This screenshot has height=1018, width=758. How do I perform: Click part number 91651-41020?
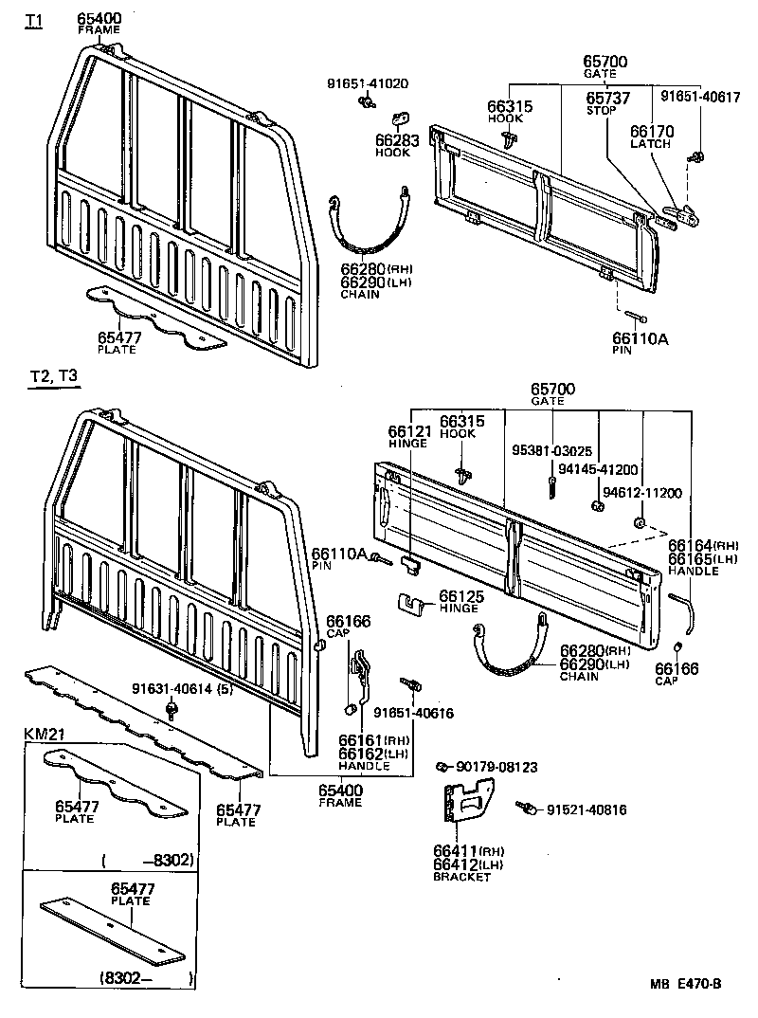368,84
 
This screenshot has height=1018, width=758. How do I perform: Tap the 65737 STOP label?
606,102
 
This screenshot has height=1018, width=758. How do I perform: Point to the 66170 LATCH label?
650,137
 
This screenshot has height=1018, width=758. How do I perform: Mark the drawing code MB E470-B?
684,984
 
